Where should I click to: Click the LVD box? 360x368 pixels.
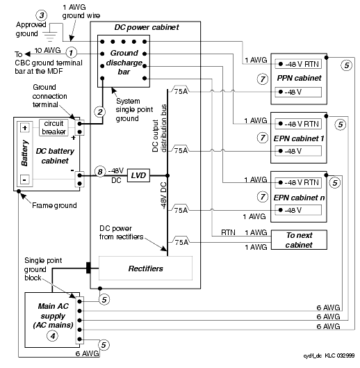[138, 175]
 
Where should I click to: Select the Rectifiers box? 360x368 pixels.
[145, 269]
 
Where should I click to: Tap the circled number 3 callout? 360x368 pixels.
[42, 15]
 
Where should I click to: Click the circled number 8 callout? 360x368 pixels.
[100, 172]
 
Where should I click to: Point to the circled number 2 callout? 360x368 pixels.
[100, 112]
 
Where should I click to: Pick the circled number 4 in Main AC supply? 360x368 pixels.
[53, 336]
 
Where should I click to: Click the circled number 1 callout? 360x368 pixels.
[72, 52]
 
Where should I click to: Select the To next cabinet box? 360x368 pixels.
[299, 240]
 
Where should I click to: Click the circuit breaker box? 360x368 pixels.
[54, 127]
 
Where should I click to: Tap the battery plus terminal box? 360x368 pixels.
[24, 128]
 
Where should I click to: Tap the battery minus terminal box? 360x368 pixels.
[24, 179]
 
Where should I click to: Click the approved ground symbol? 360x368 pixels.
[50, 35]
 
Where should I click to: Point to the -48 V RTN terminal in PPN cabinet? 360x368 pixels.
[298, 64]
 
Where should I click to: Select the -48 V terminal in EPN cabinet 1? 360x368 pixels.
[298, 151]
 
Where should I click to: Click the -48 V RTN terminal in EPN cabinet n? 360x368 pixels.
[298, 182]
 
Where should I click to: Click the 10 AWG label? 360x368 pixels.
[48, 50]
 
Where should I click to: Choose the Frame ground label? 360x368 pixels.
[54, 205]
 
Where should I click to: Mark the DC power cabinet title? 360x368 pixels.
[147, 27]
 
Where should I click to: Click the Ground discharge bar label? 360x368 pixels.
[124, 62]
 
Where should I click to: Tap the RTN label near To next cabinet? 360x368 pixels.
[228, 232]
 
